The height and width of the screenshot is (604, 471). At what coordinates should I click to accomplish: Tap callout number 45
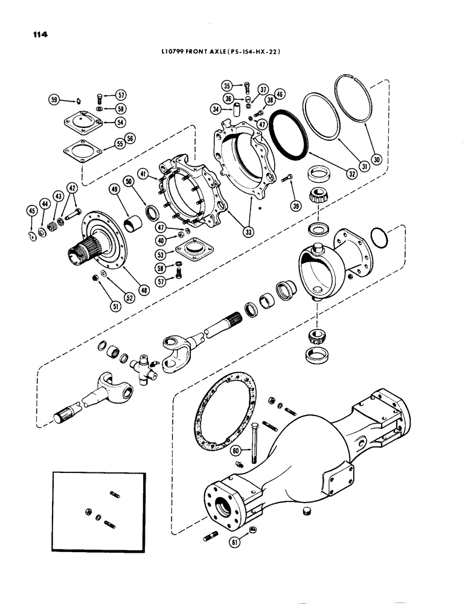(31, 210)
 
